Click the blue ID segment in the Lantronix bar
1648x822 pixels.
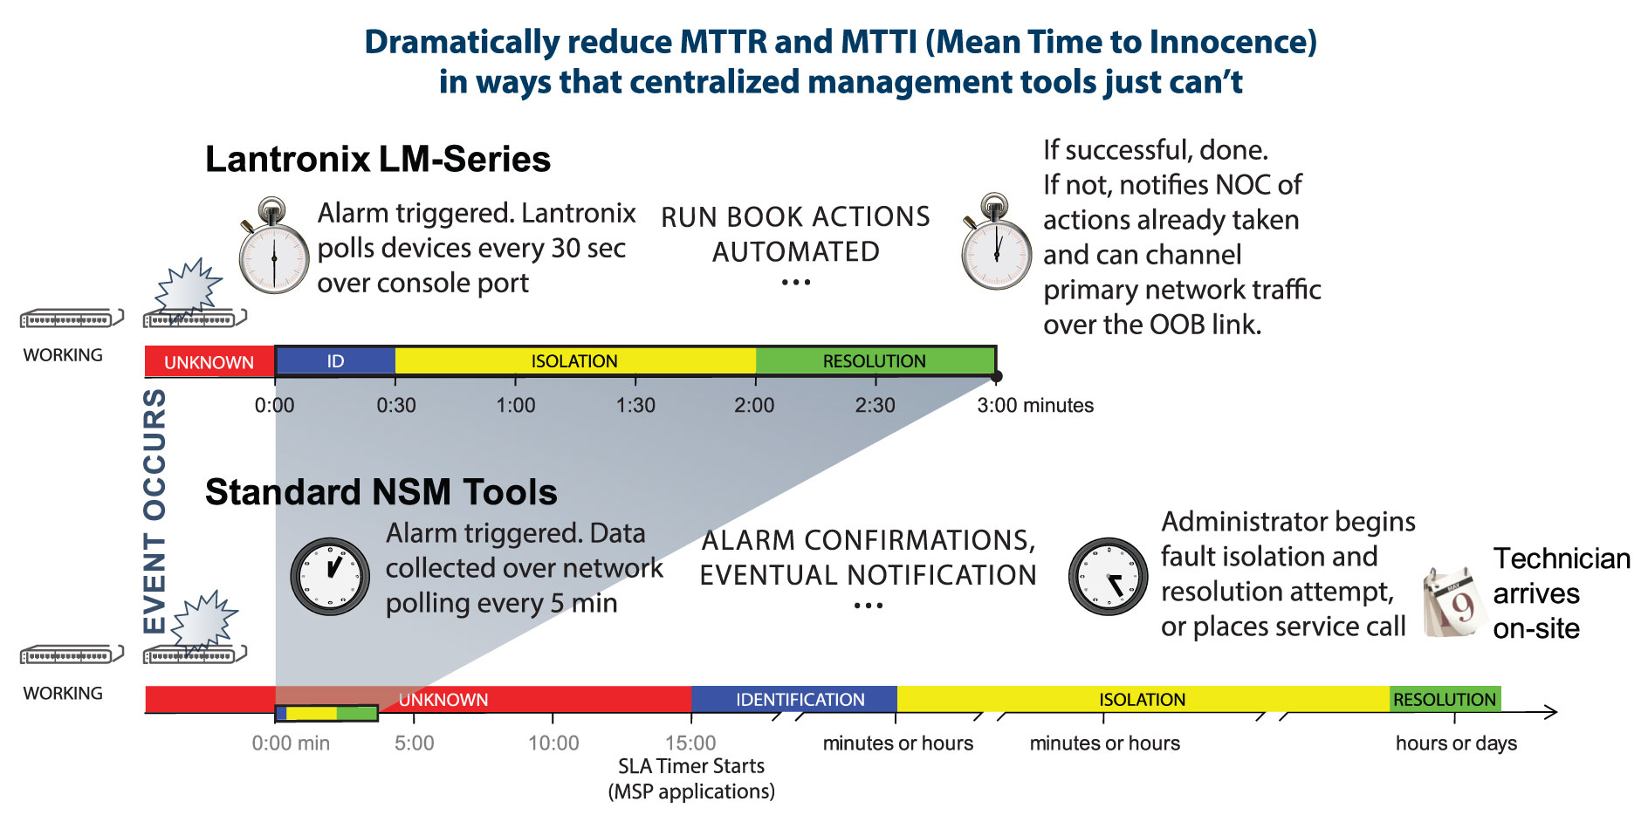point(335,360)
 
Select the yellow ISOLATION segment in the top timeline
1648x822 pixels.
point(574,360)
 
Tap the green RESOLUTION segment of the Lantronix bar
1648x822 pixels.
point(875,360)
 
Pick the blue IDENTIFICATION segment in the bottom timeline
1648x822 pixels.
point(800,699)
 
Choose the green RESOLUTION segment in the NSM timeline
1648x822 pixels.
point(1445,699)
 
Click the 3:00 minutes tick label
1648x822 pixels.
point(1035,405)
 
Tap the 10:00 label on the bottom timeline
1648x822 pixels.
point(553,743)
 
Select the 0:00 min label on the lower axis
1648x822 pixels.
point(291,743)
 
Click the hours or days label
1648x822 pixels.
point(1456,743)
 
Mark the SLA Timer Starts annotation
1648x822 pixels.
point(690,766)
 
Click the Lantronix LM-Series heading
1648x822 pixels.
point(378,160)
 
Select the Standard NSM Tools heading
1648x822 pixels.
point(381,492)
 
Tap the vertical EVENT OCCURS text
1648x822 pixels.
point(154,510)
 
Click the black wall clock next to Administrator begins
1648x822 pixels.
point(1108,577)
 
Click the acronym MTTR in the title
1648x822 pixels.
point(722,42)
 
